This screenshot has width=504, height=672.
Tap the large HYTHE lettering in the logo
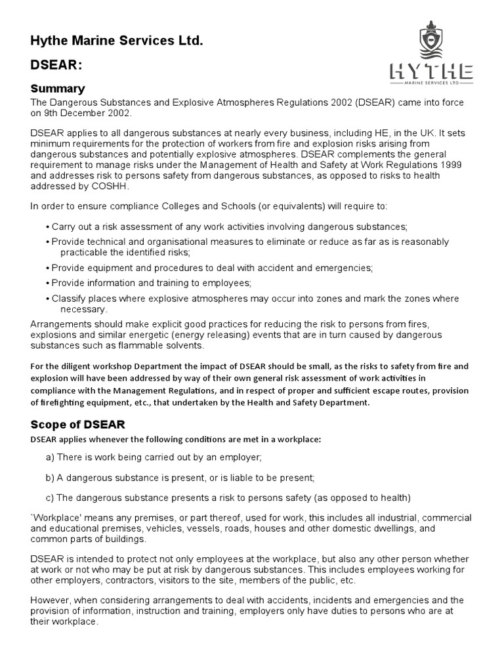click(x=430, y=71)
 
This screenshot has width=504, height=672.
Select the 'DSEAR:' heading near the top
click(x=56, y=66)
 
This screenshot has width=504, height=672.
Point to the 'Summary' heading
click(x=58, y=89)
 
